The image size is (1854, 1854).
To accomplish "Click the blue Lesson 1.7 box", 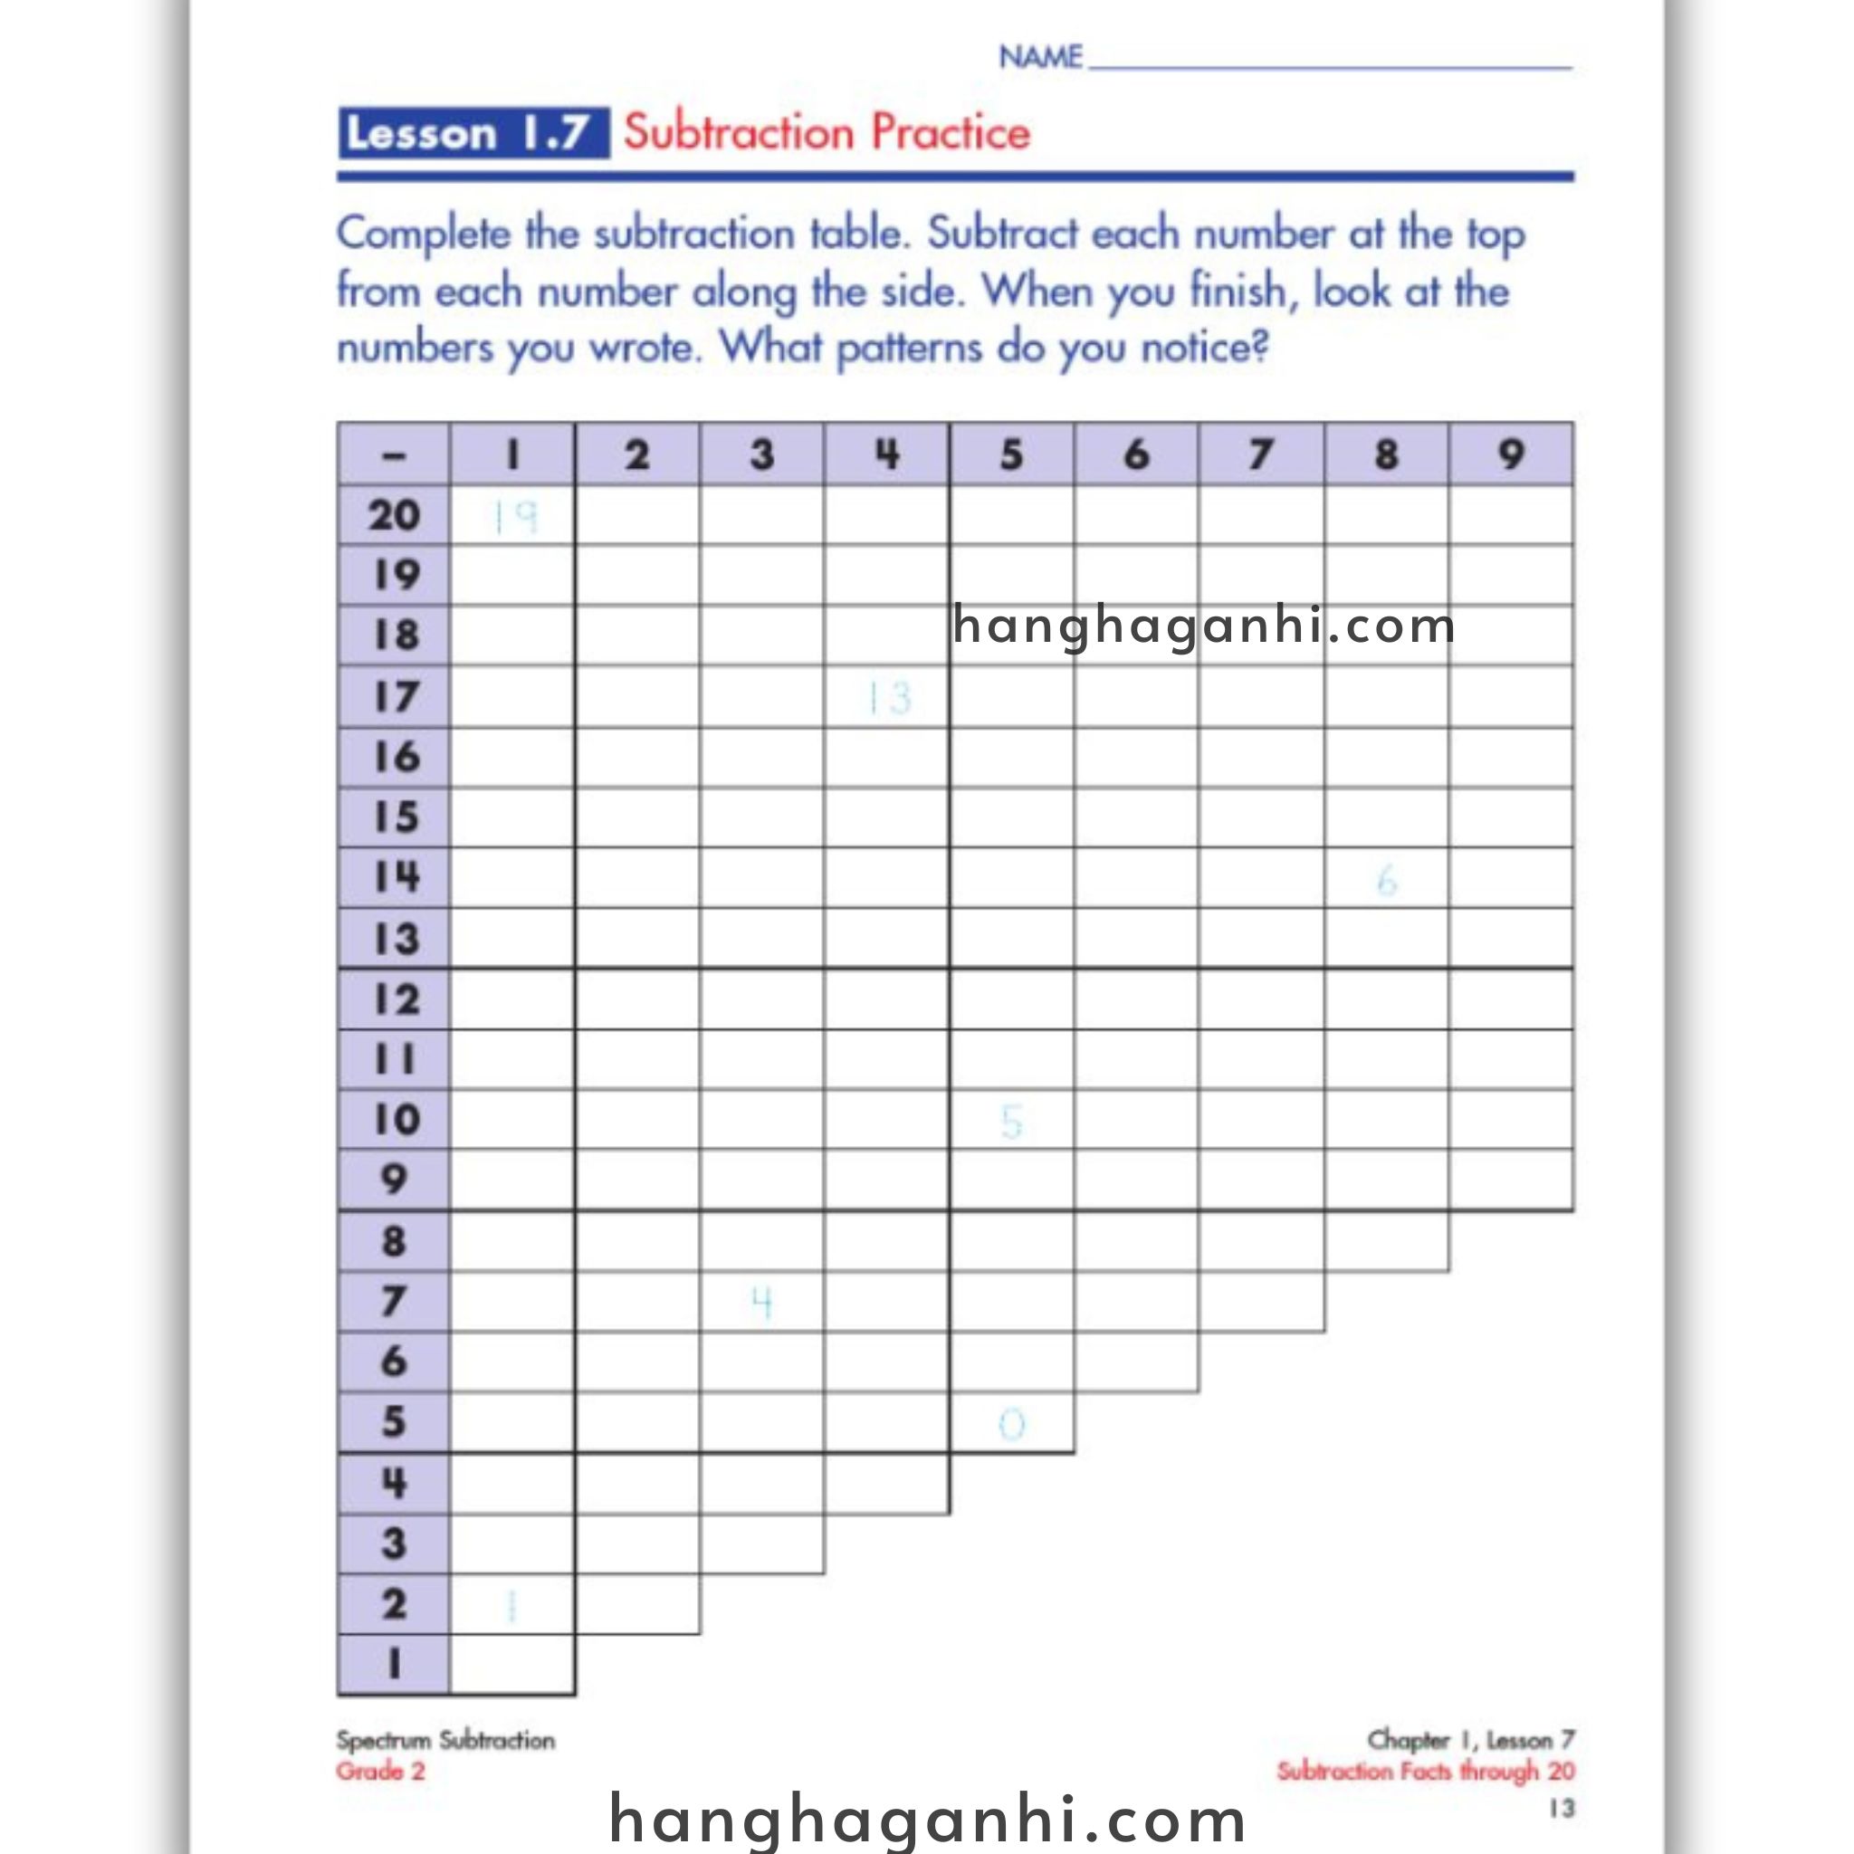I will point(473,133).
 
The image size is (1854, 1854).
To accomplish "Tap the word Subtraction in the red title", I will point(738,132).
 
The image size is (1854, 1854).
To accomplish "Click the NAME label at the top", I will point(1040,58).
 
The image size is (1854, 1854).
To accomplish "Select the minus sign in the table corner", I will point(394,454).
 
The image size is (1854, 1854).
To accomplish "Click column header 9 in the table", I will point(1511,454).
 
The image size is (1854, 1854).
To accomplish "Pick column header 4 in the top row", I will point(886,454).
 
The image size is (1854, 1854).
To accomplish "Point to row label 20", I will point(394,516).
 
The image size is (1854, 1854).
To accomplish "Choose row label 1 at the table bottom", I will point(394,1664).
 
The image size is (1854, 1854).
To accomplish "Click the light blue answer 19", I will point(514,517).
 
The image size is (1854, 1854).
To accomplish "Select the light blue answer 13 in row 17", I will point(889,698).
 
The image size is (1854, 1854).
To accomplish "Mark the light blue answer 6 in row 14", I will point(1386,880).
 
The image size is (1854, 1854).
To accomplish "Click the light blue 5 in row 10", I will point(1011,1122).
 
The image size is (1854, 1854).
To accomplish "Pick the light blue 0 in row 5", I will point(1011,1424).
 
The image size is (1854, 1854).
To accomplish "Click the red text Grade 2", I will point(380,1772).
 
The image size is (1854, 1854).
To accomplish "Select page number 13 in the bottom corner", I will point(1562,1809).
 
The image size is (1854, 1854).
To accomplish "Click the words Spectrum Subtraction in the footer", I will point(445,1741).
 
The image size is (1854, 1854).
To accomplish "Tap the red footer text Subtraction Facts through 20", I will point(1425,1772).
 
